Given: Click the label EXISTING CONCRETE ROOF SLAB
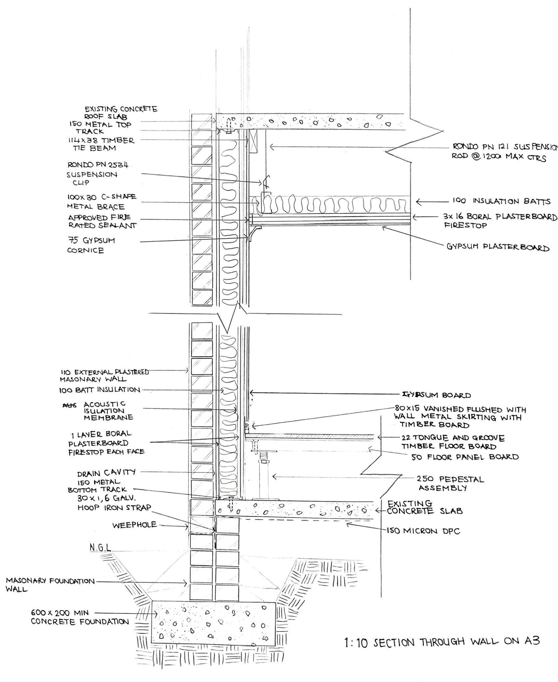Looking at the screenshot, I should point(121,113).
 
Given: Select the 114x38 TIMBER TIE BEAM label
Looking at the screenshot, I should point(102,144).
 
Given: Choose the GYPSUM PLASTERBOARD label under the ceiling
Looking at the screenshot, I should point(497,247).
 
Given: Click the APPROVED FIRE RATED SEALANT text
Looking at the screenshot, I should point(102,221).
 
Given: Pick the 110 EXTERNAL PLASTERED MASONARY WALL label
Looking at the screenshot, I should point(104,375).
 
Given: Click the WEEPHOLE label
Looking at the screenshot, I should point(134,525).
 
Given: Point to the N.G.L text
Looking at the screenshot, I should point(100,547).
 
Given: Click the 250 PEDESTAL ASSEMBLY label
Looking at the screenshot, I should point(450,484).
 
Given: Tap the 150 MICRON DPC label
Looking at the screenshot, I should point(423,531).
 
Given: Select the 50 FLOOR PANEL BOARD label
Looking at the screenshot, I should point(465,457).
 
